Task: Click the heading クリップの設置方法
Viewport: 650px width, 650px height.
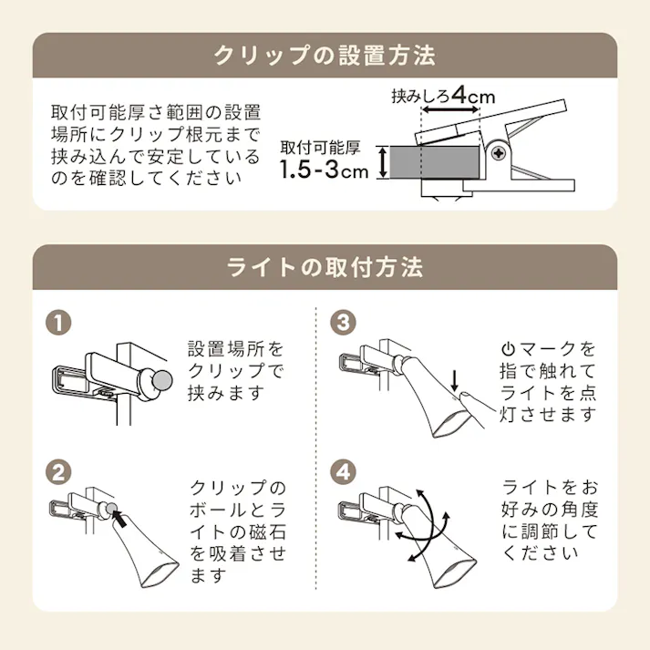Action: point(325,56)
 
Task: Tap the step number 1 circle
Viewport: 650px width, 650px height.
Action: point(57,324)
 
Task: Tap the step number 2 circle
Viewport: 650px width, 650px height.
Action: point(57,473)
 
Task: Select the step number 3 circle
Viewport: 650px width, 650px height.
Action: point(343,324)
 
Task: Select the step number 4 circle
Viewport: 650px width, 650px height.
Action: point(343,473)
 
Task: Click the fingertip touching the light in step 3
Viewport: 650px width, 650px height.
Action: point(461,397)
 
